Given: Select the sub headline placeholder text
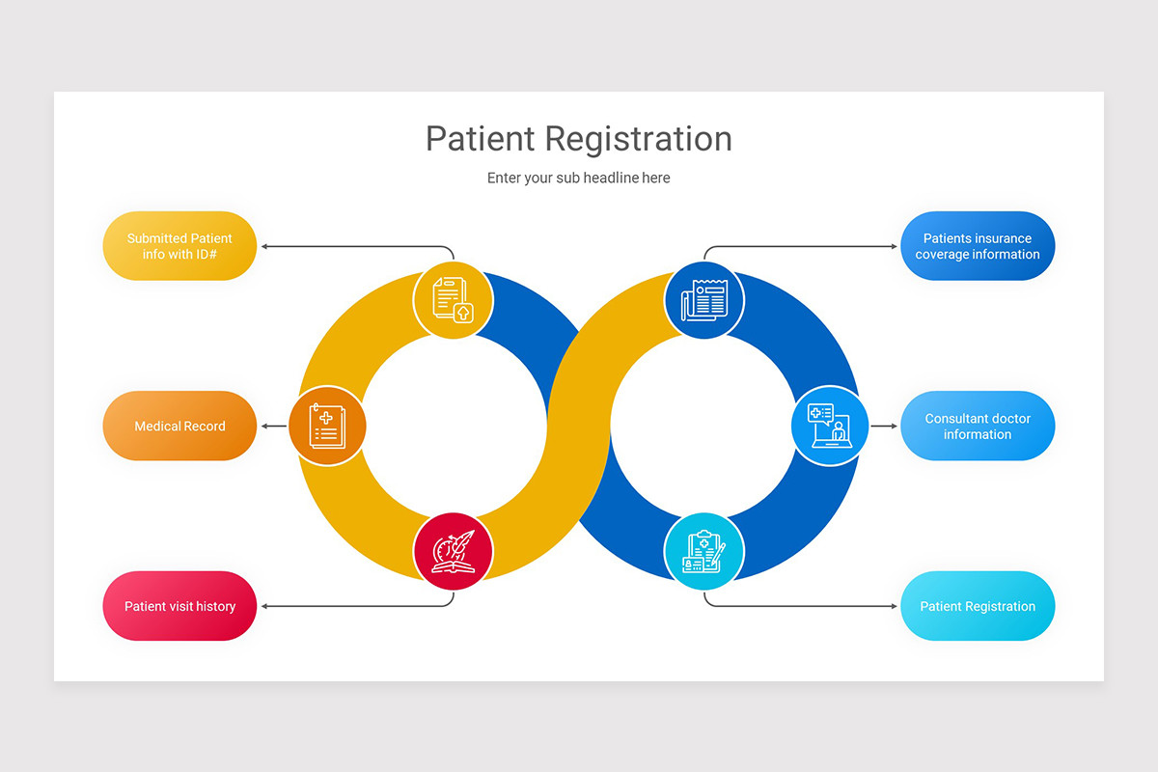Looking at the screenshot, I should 578,178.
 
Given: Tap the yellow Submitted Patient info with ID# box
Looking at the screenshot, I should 179,246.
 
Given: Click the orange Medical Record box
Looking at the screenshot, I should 179,426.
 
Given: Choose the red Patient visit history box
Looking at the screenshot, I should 179,606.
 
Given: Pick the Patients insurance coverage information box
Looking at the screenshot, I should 977,246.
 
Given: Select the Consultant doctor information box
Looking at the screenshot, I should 977,426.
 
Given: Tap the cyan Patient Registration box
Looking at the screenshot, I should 977,606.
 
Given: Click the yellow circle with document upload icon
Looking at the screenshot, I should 453,300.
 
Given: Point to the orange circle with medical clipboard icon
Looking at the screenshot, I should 327,426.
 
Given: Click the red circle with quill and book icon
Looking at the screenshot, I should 453,552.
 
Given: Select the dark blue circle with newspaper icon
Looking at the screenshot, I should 704,300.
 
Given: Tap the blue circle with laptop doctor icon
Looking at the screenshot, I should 830,426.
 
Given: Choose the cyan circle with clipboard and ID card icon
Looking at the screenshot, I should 704,552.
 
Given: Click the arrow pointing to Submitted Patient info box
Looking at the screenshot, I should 357,247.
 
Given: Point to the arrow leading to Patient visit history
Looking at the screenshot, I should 357,606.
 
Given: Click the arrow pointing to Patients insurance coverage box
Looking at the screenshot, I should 801,247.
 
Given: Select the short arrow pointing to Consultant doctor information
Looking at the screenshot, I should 883,426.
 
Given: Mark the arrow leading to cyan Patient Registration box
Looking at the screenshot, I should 801,606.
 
